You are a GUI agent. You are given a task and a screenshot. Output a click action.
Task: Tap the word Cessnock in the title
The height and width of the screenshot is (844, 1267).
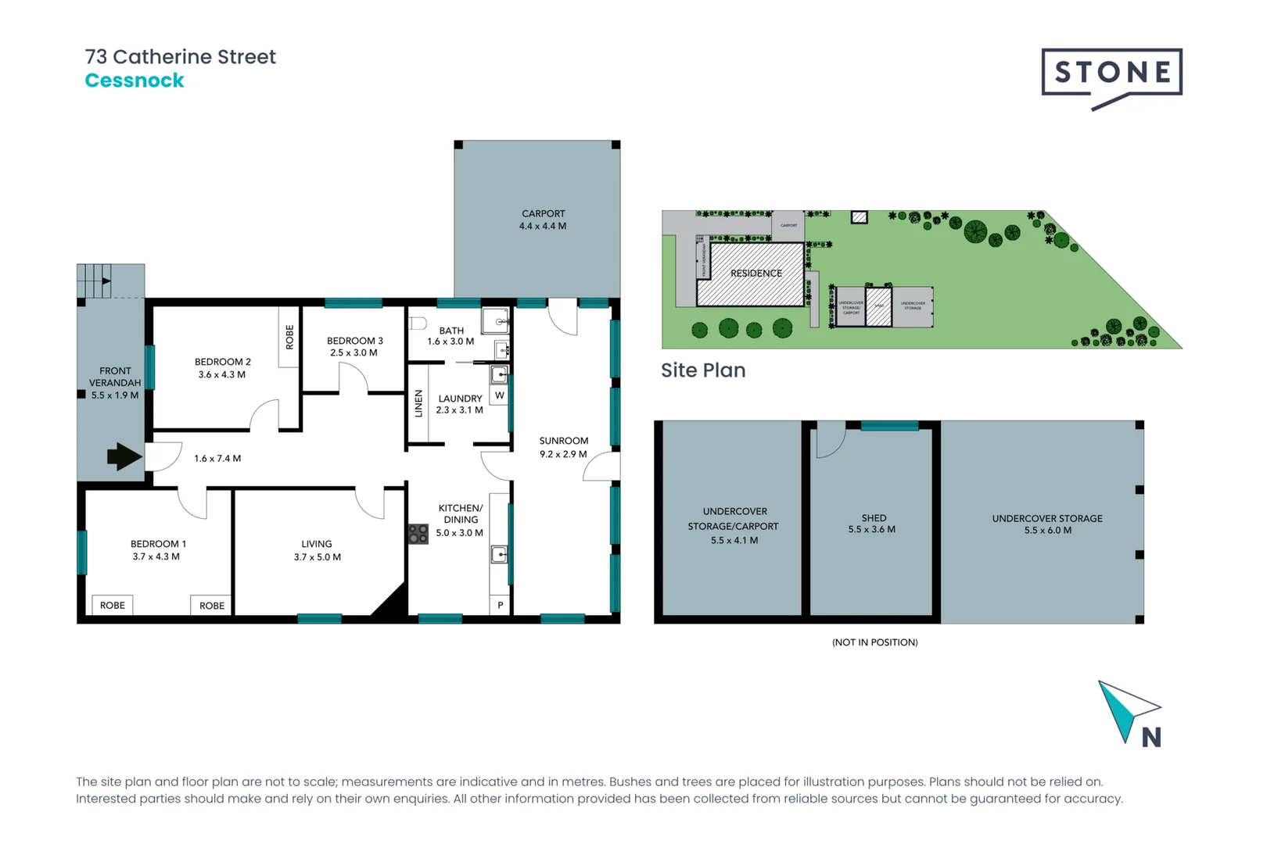135,80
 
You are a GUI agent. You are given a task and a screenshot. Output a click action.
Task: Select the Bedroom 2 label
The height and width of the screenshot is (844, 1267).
223,362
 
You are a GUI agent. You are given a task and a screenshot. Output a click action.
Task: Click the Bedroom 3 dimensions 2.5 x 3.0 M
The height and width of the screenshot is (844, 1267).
354,353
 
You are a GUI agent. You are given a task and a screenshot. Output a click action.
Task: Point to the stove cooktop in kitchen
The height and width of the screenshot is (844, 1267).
418,535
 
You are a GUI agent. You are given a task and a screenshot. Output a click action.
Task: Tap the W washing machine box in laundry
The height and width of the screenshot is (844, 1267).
499,395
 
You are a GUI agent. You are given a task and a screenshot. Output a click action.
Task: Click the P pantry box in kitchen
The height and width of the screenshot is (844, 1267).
501,605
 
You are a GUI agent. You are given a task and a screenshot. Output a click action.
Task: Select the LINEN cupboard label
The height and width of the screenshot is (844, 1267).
418,403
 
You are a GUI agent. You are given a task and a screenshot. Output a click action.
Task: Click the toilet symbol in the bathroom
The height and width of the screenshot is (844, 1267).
417,323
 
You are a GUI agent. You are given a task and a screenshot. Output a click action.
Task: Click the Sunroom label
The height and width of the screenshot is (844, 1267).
563,441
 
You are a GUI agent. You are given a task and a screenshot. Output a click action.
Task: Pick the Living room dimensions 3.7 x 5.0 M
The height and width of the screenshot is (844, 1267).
318,557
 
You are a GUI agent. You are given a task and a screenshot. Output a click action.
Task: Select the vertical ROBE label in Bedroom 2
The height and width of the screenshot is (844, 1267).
289,337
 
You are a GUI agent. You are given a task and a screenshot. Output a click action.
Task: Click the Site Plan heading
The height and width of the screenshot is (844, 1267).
703,370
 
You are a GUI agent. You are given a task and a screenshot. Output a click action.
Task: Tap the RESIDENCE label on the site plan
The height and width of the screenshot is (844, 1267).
756,274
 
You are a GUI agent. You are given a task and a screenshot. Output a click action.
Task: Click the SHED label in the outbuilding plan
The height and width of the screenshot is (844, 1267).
874,518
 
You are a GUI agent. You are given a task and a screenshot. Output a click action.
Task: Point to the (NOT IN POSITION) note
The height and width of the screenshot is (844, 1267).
874,642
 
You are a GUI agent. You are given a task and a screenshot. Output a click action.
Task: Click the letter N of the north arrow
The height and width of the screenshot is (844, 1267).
1150,738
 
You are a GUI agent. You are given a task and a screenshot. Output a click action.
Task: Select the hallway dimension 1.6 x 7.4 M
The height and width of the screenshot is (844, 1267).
217,459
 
